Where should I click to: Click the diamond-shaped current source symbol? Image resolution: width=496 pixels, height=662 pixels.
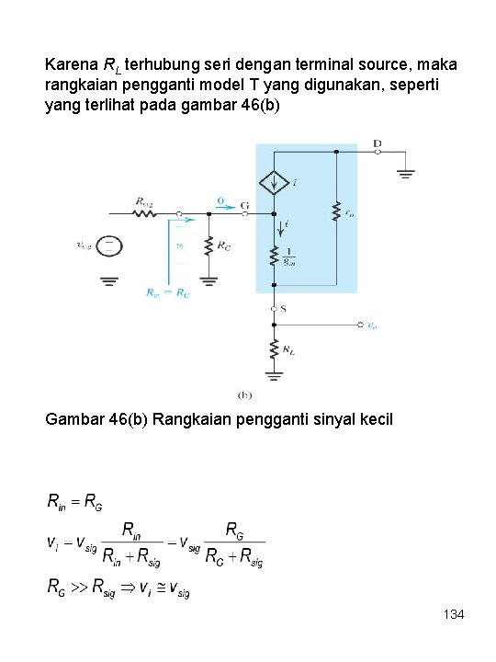274,183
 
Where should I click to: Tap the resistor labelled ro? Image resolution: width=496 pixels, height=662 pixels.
336,211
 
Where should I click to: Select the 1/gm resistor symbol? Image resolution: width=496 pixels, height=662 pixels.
274,256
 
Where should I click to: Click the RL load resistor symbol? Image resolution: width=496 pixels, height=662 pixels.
274,348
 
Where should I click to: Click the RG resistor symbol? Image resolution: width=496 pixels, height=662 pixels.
209,247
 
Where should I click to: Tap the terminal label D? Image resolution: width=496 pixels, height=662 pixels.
378,143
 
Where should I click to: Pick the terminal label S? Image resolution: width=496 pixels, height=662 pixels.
284,309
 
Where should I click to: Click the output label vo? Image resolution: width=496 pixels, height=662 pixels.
371,325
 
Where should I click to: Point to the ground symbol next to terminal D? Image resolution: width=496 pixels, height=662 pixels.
405,172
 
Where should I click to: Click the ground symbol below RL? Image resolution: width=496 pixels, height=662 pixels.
274,374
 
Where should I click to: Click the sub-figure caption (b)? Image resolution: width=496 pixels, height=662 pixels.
245,394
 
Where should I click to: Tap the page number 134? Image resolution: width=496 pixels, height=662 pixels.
452,612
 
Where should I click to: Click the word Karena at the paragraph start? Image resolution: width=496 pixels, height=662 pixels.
68,65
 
